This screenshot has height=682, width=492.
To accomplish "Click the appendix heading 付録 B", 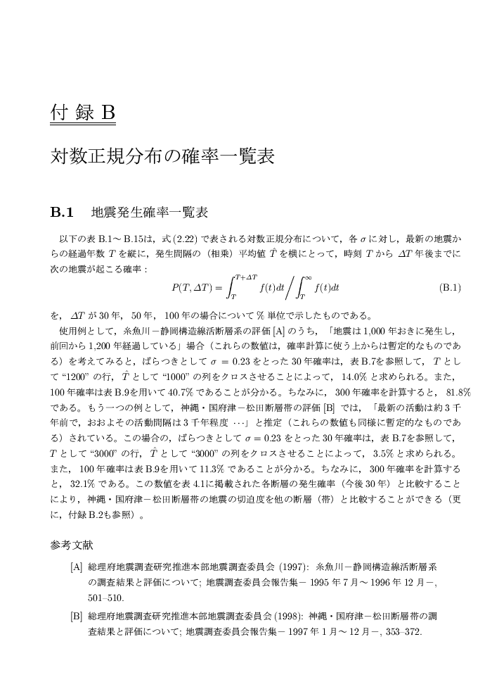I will pyautogui.click(x=82, y=113).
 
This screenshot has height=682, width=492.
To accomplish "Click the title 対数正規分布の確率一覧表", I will pyautogui.click(x=162, y=156).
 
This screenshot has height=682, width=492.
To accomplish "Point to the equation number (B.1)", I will pyautogui.click(x=449, y=287).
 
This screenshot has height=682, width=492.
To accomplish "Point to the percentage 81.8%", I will pyautogui.click(x=458, y=392).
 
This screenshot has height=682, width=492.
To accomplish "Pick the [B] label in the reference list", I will pyautogui.click(x=77, y=617).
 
